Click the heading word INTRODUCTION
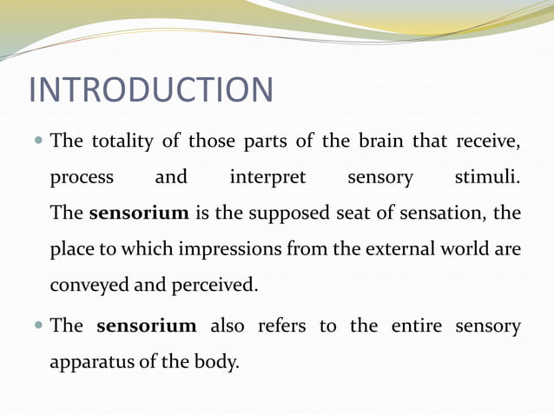[151, 90]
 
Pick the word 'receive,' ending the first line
[487, 141]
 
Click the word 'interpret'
[267, 177]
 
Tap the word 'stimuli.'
[488, 177]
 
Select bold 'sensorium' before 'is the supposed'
[139, 213]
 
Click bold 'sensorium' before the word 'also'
[147, 326]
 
